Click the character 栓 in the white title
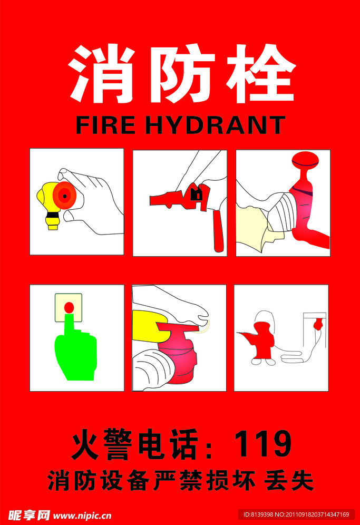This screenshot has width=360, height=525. (261, 74)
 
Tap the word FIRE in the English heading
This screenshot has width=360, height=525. (105, 125)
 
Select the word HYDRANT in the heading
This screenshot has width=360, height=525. (216, 125)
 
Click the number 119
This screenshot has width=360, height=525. (262, 444)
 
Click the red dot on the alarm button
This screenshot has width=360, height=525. (69, 307)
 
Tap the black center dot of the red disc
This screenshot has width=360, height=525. (64, 196)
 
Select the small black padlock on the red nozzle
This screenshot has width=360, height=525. (196, 194)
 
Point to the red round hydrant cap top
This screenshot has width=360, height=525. (305, 161)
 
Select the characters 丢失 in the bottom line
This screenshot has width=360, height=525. (289, 481)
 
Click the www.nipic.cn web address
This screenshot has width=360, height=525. (82, 516)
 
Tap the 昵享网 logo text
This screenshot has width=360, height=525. (29, 515)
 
